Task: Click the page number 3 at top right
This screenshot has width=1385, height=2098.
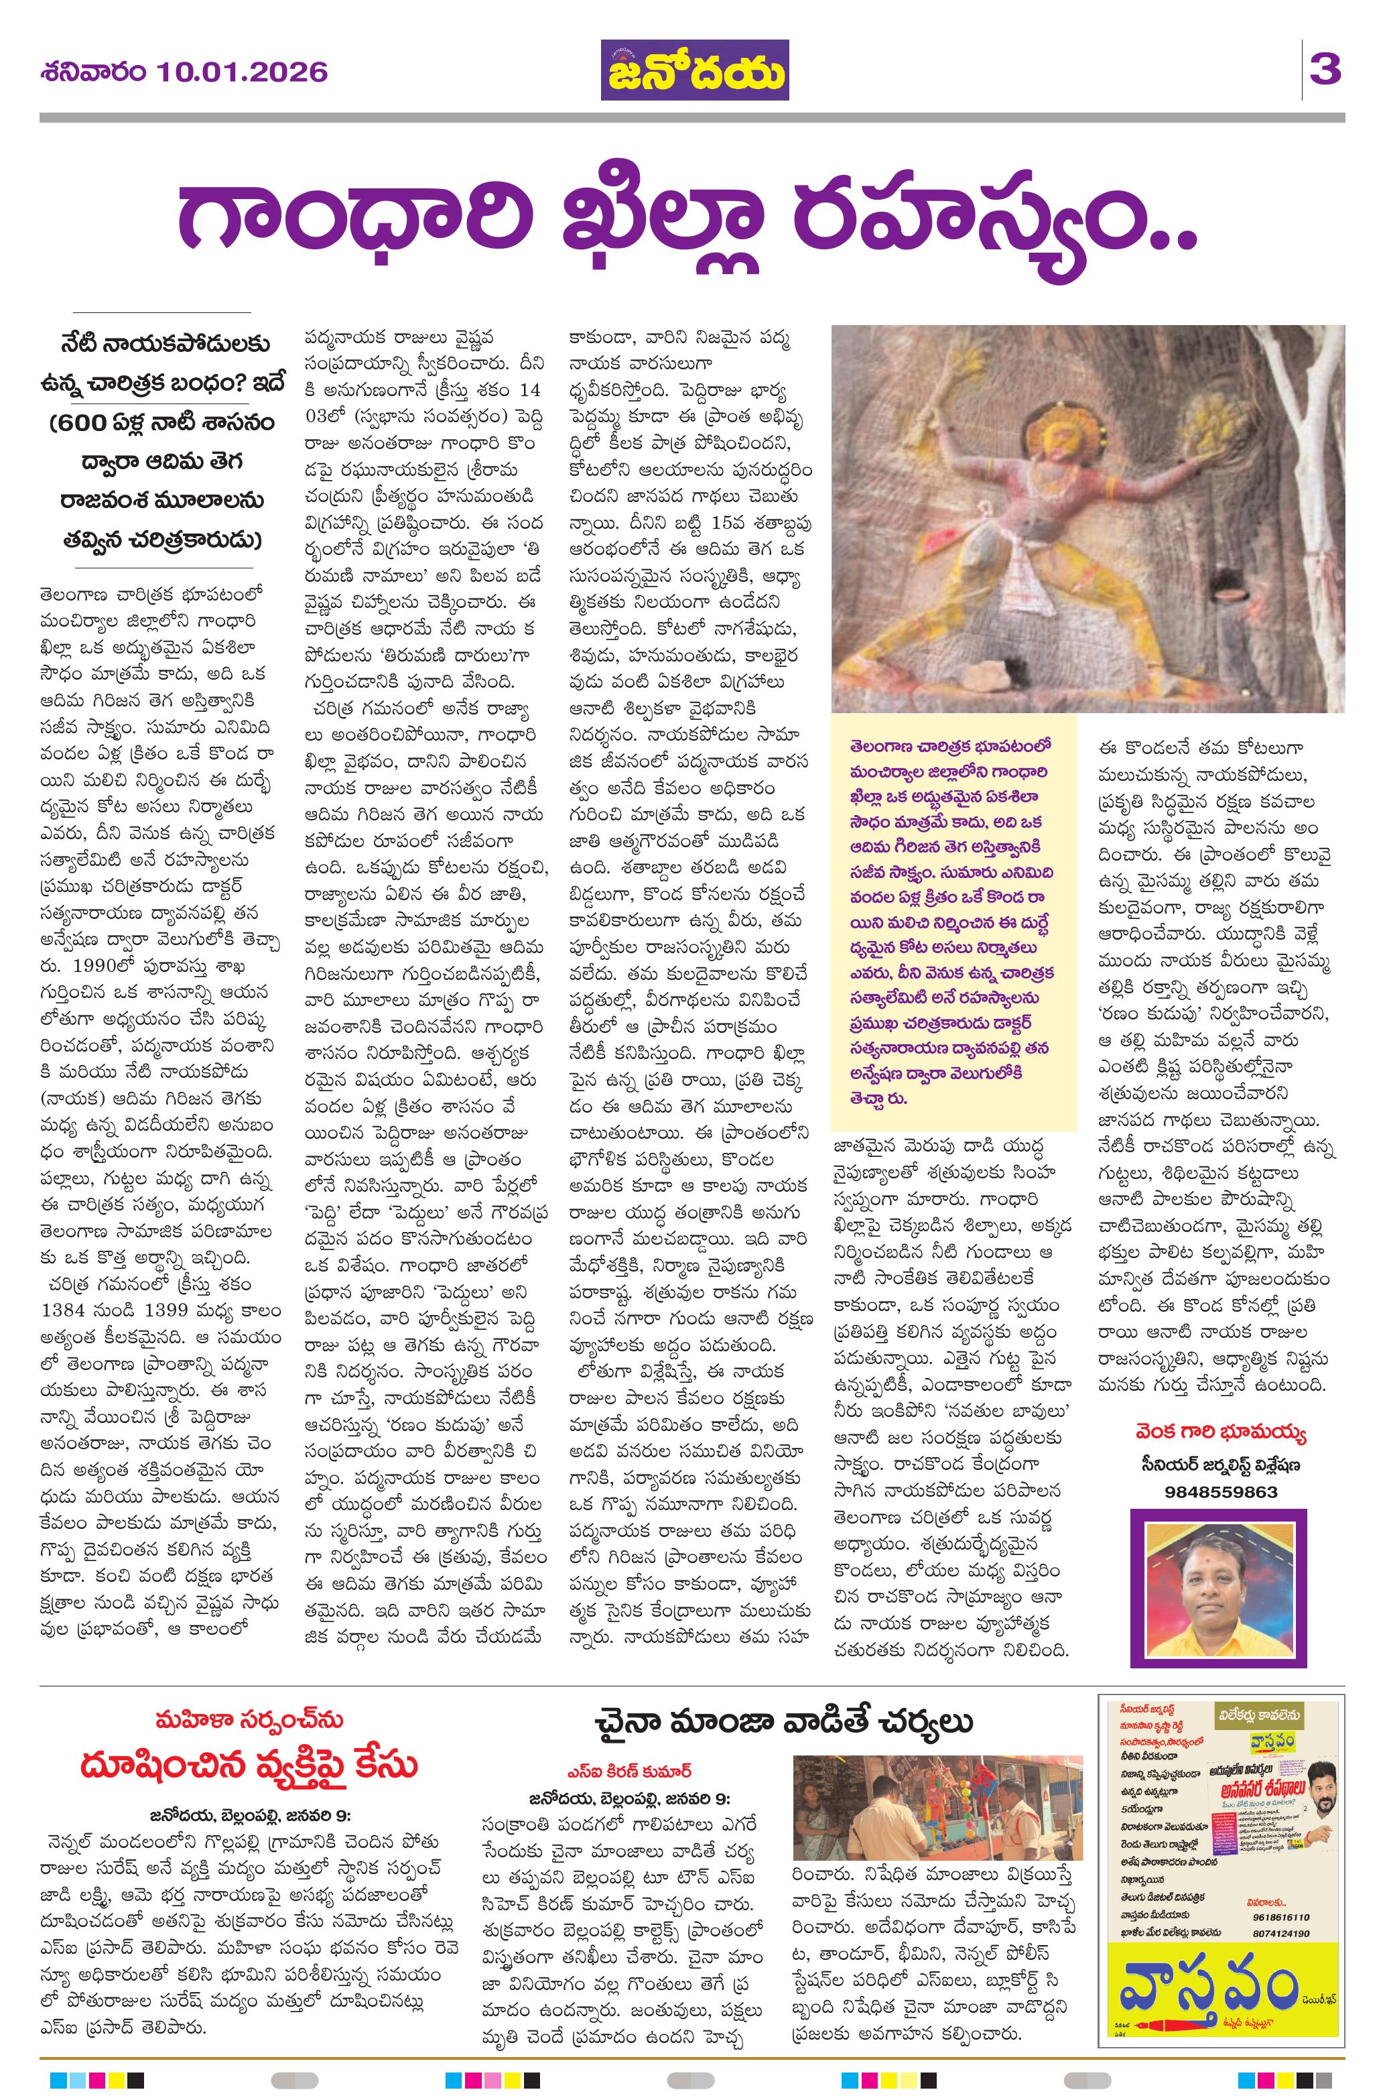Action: pos(1325,70)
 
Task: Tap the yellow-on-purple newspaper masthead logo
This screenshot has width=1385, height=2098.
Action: pos(695,70)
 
